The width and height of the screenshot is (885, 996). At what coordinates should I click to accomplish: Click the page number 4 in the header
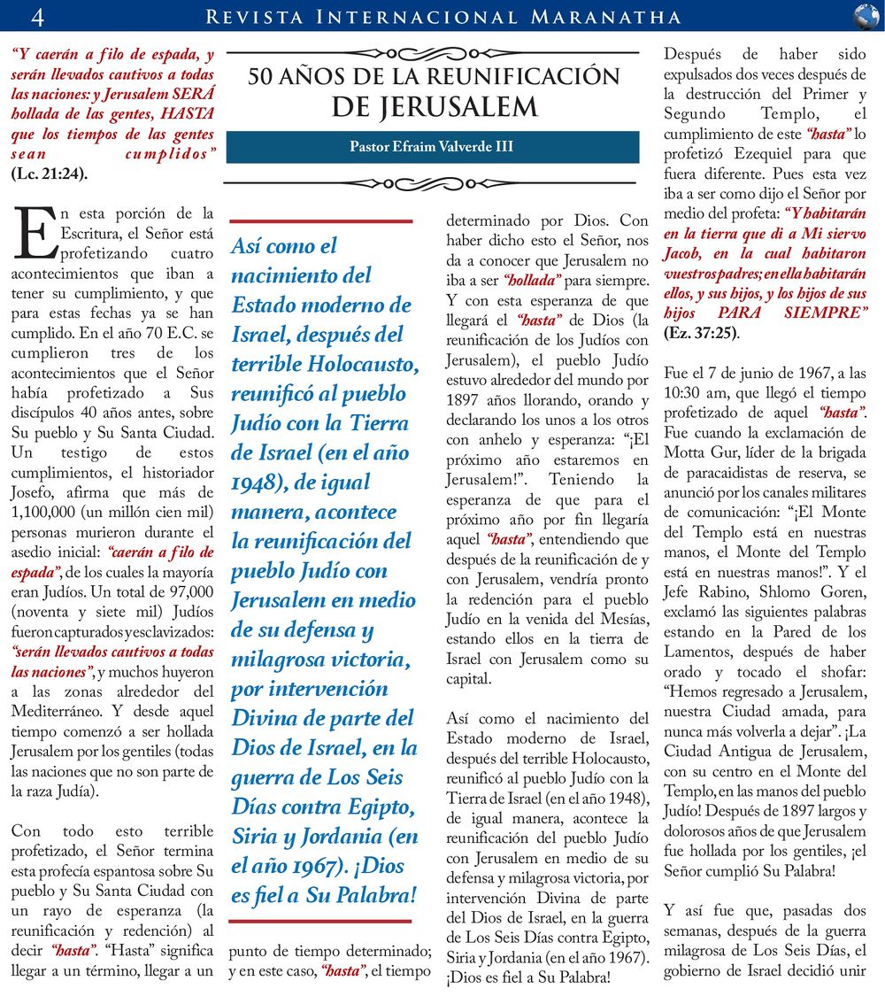coord(37,16)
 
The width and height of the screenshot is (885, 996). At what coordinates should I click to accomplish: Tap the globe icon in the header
coord(866,16)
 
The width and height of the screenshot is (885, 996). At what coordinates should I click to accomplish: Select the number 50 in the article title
coord(262,77)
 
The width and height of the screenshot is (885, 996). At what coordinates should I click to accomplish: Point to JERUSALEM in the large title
coord(435,107)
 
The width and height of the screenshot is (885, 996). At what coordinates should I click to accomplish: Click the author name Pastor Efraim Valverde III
coord(432,147)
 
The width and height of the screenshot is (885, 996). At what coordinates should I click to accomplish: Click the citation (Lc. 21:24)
coord(50,173)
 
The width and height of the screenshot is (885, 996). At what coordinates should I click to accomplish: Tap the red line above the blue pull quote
coord(321,220)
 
